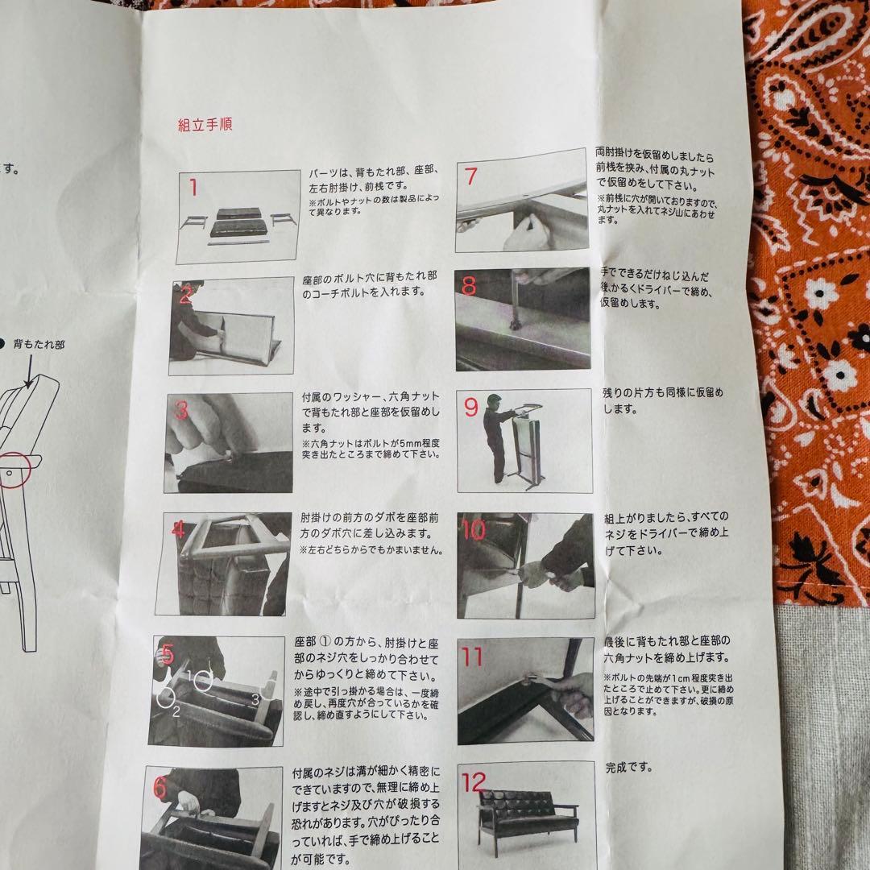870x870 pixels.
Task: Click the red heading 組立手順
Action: [x=205, y=125]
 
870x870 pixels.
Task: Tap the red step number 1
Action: [x=193, y=188]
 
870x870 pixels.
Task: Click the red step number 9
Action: [x=471, y=408]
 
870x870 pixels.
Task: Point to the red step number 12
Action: [x=475, y=781]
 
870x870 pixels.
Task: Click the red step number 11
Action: [x=473, y=657]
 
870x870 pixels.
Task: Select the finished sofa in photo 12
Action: [x=528, y=818]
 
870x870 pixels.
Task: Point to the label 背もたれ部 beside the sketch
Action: [x=39, y=344]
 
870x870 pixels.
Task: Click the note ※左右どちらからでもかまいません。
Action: [x=371, y=550]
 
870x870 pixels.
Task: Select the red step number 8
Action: [x=470, y=288]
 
